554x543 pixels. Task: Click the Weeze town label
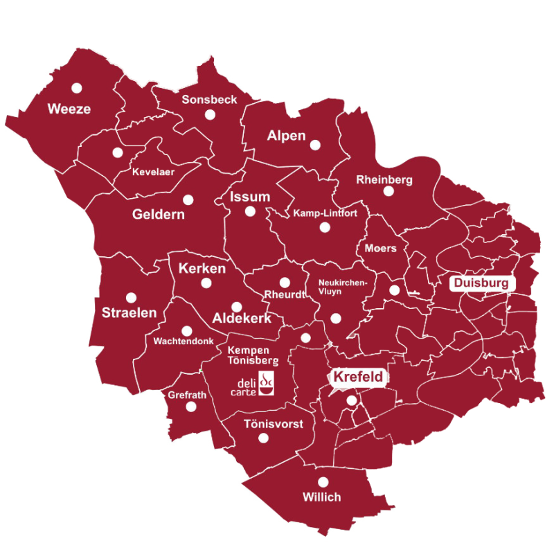(x=69, y=109)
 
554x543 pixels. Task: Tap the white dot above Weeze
(x=76, y=88)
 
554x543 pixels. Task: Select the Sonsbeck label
(x=209, y=100)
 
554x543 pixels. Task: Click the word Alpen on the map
(x=286, y=136)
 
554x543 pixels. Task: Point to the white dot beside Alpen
(x=315, y=145)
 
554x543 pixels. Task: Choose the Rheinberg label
(x=384, y=180)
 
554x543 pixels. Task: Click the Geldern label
(x=159, y=215)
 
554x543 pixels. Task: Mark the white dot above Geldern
(x=188, y=199)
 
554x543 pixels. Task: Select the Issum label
(x=250, y=197)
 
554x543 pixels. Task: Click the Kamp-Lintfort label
(x=325, y=213)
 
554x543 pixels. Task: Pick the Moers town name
(x=380, y=248)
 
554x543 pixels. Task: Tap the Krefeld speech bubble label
(x=358, y=377)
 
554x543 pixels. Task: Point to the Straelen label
(x=129, y=312)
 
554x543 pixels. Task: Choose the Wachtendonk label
(x=183, y=341)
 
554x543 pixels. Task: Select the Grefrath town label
(x=187, y=395)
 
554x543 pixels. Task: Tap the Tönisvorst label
(x=273, y=424)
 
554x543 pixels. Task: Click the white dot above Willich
(x=323, y=482)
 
